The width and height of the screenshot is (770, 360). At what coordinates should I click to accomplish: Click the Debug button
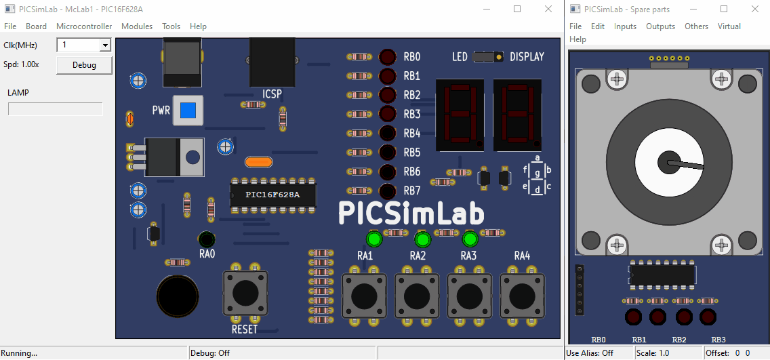pos(84,65)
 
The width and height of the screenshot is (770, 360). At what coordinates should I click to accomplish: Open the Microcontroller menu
pos(84,26)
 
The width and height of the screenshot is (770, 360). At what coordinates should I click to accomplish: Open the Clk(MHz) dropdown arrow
pos(105,45)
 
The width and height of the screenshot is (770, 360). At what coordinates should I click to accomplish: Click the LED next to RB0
pos(388,57)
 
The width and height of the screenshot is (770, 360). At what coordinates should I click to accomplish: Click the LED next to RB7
pos(388,191)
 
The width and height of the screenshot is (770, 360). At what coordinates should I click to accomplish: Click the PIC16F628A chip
pos(273,195)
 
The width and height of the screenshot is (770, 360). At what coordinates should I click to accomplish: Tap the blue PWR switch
pos(188,110)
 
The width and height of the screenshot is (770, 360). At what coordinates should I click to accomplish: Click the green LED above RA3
pos(470,239)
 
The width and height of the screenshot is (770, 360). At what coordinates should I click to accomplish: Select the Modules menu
pos(137,26)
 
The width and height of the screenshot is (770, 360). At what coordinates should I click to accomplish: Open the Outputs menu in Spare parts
pos(660,26)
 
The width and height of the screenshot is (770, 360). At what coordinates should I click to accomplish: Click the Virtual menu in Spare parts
pos(729,26)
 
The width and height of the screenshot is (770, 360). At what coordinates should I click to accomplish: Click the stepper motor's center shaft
pos(667,163)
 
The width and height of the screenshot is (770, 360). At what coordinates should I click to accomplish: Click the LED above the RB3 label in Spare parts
pos(708,317)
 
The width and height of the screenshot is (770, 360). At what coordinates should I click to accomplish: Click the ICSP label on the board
pos(272,93)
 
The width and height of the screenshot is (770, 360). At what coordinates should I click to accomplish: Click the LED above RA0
pos(207,239)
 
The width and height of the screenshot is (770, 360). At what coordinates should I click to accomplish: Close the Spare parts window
pos(755,9)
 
